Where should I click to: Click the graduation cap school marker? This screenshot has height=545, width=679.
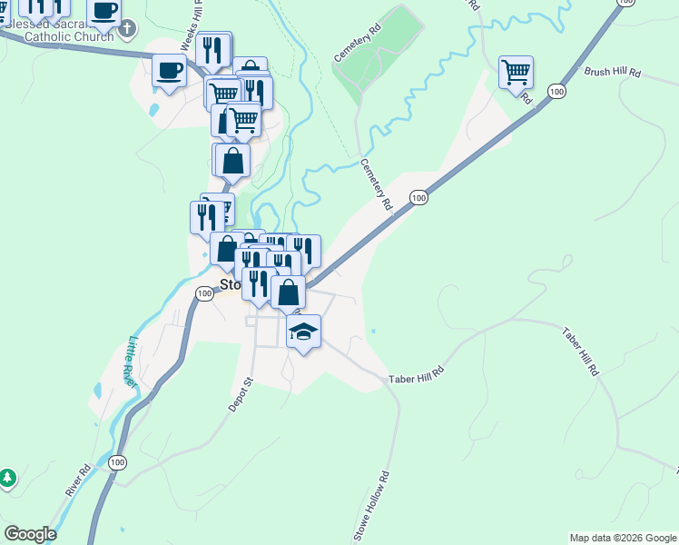[304, 331]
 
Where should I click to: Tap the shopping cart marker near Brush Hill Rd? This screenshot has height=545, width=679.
[516, 72]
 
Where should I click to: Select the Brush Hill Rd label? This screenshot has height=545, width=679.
[613, 71]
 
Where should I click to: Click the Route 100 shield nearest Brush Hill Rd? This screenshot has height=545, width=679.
[556, 92]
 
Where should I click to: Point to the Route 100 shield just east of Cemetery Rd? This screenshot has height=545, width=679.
[418, 197]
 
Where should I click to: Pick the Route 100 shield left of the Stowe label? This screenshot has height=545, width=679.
[204, 292]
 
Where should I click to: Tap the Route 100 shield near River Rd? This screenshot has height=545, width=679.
[116, 462]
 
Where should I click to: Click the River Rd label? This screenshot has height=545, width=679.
[78, 480]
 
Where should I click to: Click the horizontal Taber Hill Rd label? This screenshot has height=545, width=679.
[417, 373]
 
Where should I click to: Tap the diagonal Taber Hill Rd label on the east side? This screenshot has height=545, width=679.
[581, 352]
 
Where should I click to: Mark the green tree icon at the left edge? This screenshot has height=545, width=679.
[7, 477]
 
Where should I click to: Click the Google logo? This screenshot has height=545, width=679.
[30, 535]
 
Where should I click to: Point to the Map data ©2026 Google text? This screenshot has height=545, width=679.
[622, 538]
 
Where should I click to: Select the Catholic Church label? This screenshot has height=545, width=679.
[68, 37]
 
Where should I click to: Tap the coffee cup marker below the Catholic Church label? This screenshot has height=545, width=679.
[170, 70]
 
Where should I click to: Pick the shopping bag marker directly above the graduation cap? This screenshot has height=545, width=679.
[288, 292]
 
